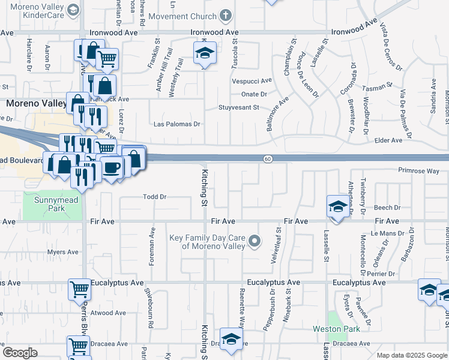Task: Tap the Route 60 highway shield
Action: (x=268, y=158)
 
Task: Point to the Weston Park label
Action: (x=336, y=329)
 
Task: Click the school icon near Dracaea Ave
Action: (x=231, y=339)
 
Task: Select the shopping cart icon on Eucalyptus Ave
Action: (x=79, y=289)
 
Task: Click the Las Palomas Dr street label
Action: (x=176, y=124)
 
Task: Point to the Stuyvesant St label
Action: (x=239, y=108)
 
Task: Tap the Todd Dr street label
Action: (x=154, y=196)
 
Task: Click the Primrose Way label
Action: (x=418, y=170)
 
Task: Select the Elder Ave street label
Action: (x=388, y=140)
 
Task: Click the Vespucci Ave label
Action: (x=252, y=80)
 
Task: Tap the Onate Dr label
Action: (x=254, y=94)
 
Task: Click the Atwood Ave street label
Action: (x=109, y=313)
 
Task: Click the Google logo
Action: (x=20, y=353)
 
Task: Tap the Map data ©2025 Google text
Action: (x=411, y=355)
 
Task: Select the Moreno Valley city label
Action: (x=36, y=103)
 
